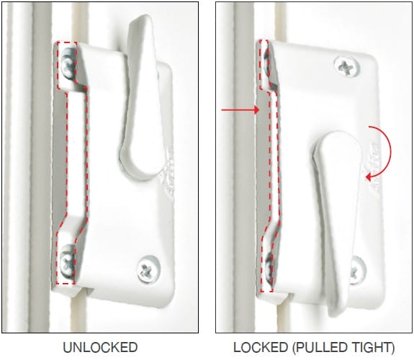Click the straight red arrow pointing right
[237, 109]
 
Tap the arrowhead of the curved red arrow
[369, 176]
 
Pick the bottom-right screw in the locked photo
[358, 271]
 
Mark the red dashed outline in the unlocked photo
[60, 166]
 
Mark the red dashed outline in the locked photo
[262, 166]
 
